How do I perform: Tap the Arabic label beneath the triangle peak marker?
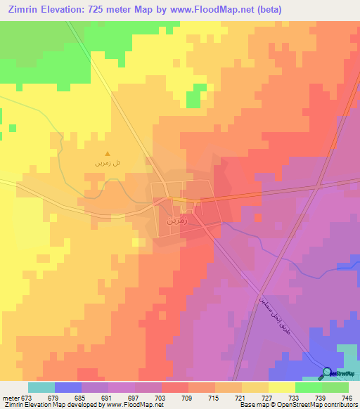(108, 164)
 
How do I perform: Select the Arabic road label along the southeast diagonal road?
(266, 316)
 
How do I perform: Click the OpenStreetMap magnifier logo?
(328, 373)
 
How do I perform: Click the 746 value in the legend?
(348, 398)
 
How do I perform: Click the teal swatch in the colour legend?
(41, 387)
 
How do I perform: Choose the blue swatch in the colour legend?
(68, 387)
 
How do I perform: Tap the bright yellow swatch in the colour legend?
(282, 387)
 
